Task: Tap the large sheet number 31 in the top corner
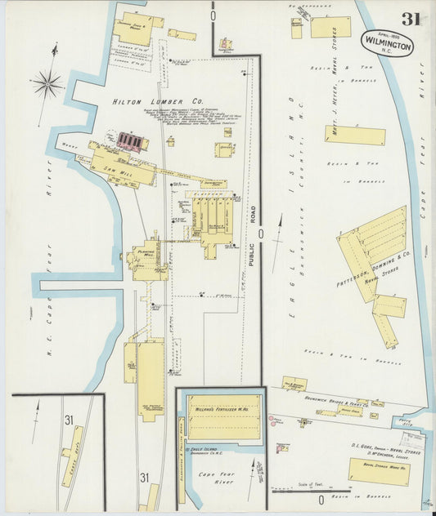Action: pyautogui.click(x=411, y=18)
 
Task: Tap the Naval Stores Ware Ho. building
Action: pyautogui.click(x=378, y=471)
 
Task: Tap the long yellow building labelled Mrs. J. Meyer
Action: pyautogui.click(x=354, y=135)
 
